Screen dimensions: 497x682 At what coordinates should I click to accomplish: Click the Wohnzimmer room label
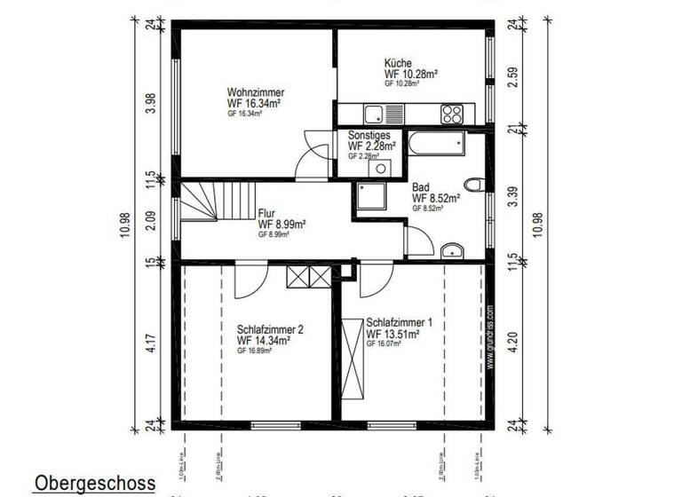point(254,91)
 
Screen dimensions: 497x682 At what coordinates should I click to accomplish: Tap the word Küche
point(397,63)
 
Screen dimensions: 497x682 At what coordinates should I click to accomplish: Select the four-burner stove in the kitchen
point(452,114)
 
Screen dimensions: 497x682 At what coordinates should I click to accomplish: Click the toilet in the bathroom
point(479,185)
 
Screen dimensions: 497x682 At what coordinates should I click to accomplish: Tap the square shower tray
point(368,197)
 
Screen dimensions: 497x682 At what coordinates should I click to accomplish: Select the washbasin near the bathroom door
point(453,249)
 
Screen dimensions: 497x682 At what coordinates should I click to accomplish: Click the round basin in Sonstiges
point(381,168)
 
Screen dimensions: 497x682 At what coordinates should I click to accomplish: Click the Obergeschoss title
point(95,484)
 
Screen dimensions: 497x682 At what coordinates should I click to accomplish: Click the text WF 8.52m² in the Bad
point(435,199)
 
